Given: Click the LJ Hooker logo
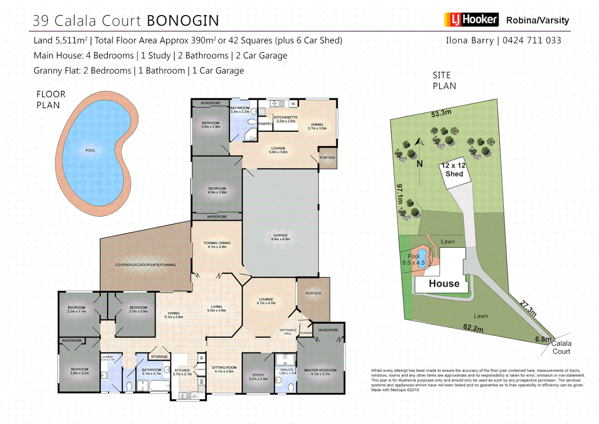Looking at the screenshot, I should tap(471, 20).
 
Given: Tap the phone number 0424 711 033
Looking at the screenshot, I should tap(532, 40).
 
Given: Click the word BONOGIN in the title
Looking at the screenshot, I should tap(183, 21).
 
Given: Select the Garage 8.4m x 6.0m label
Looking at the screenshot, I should tap(281, 237).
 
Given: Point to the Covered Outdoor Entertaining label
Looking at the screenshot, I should tap(145, 265).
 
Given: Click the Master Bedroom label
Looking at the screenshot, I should tap(320, 372).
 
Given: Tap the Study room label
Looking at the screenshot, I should tap(258, 377).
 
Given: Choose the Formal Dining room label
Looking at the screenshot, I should tap(217, 245).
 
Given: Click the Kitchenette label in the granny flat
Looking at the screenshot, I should tap(286, 119).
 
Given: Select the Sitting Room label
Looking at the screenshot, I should tap(224, 369).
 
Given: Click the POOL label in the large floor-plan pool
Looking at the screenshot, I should tap(91, 151).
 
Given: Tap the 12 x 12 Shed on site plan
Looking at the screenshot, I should tap(454, 170).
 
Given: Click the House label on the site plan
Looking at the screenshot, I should tap(444, 283).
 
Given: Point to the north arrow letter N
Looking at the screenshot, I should tap(420, 164).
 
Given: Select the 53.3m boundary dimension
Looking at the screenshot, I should tap(441, 113).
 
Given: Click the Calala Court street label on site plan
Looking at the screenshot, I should tap(561, 347).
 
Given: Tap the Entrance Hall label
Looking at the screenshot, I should tap(288, 332).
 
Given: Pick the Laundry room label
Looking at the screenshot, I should tap(107, 358).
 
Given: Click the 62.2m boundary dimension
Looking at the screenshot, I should tap(473, 328).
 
